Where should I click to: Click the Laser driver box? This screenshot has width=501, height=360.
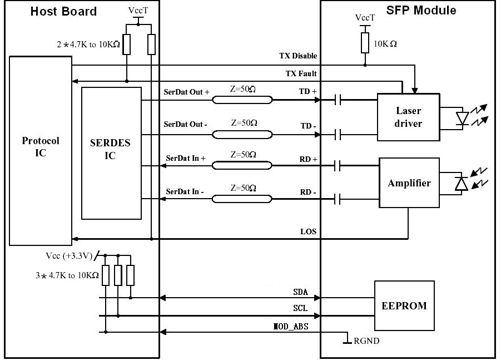click(408, 117)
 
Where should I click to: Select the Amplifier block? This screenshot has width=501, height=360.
click(409, 183)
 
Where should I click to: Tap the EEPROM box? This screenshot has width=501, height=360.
click(404, 305)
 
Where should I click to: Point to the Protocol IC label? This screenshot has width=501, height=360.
click(41, 146)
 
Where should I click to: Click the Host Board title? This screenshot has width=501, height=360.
click(63, 12)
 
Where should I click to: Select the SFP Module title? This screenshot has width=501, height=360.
click(421, 11)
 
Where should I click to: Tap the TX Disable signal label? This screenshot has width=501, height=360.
click(298, 56)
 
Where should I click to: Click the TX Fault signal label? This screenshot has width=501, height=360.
click(301, 73)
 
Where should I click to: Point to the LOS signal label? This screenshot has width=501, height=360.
click(309, 231)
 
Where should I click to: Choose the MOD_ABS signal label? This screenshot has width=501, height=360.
click(290, 327)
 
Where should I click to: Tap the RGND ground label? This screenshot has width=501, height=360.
click(366, 341)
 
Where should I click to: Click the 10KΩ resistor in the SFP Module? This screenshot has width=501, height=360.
click(365, 43)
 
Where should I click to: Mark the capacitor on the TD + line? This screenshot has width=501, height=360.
click(338, 100)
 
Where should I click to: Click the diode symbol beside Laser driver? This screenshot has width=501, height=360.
click(462, 119)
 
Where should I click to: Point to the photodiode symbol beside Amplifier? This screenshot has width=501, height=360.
click(461, 184)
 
